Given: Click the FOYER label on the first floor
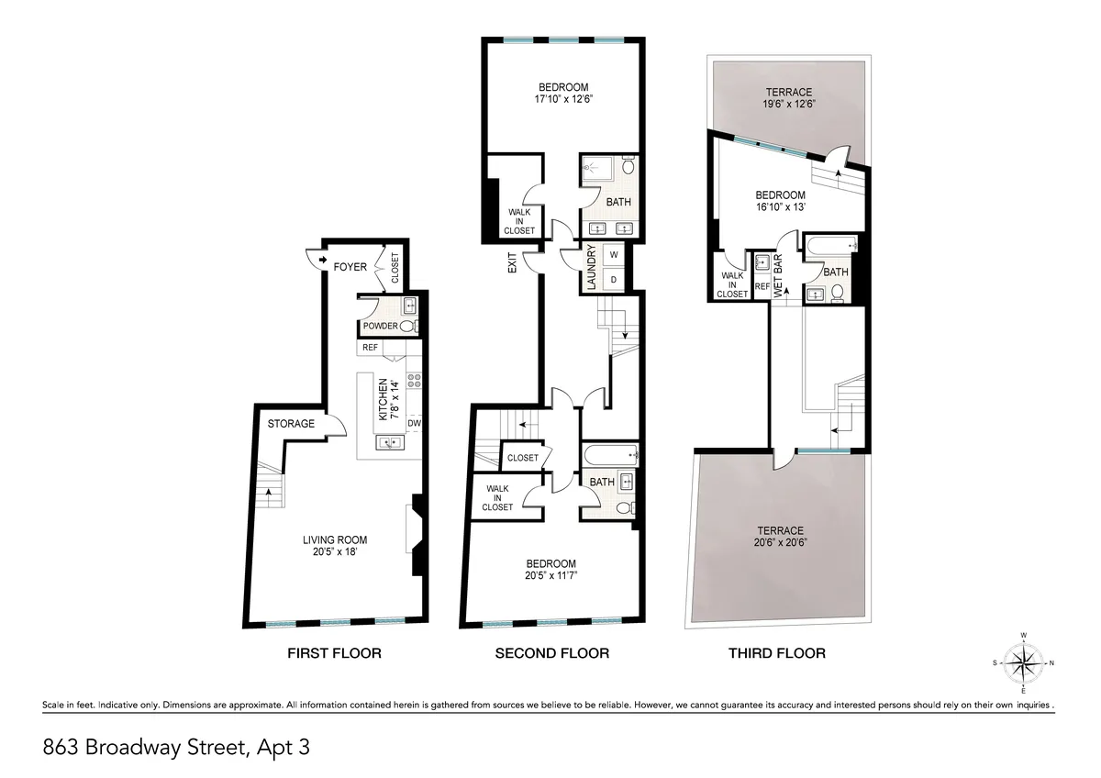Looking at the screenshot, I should pos(350,267).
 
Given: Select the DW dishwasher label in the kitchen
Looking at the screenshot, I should pos(414,423).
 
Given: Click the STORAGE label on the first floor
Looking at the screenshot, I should pos(291,424).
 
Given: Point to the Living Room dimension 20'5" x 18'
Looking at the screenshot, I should pos(334,552).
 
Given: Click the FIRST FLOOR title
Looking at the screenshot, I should pos(334,653).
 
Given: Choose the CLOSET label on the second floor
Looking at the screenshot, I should pos(522,458).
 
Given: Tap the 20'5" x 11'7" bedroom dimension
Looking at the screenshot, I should pos(550,575).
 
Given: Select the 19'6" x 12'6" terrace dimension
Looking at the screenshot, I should pos(790,104).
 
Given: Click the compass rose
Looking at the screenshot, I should pos(1023,661).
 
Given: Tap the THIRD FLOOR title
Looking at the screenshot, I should pos(776,653).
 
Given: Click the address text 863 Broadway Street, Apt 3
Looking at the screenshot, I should pos(176,747).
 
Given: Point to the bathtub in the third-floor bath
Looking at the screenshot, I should pos(830,245).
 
